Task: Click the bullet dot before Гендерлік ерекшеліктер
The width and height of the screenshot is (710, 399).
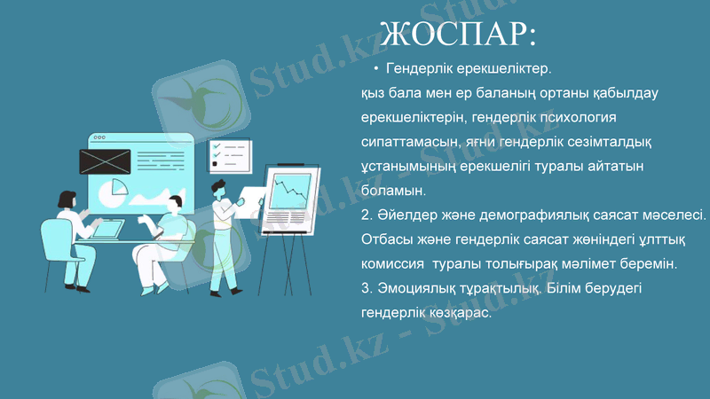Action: coord(376,68)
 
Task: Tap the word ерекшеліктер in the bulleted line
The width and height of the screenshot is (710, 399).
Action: coord(504,68)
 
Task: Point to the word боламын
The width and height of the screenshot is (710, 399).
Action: coord(394,191)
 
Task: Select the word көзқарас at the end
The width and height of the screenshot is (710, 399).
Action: coord(460,314)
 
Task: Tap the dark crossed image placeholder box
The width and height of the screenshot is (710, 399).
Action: coord(105,161)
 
